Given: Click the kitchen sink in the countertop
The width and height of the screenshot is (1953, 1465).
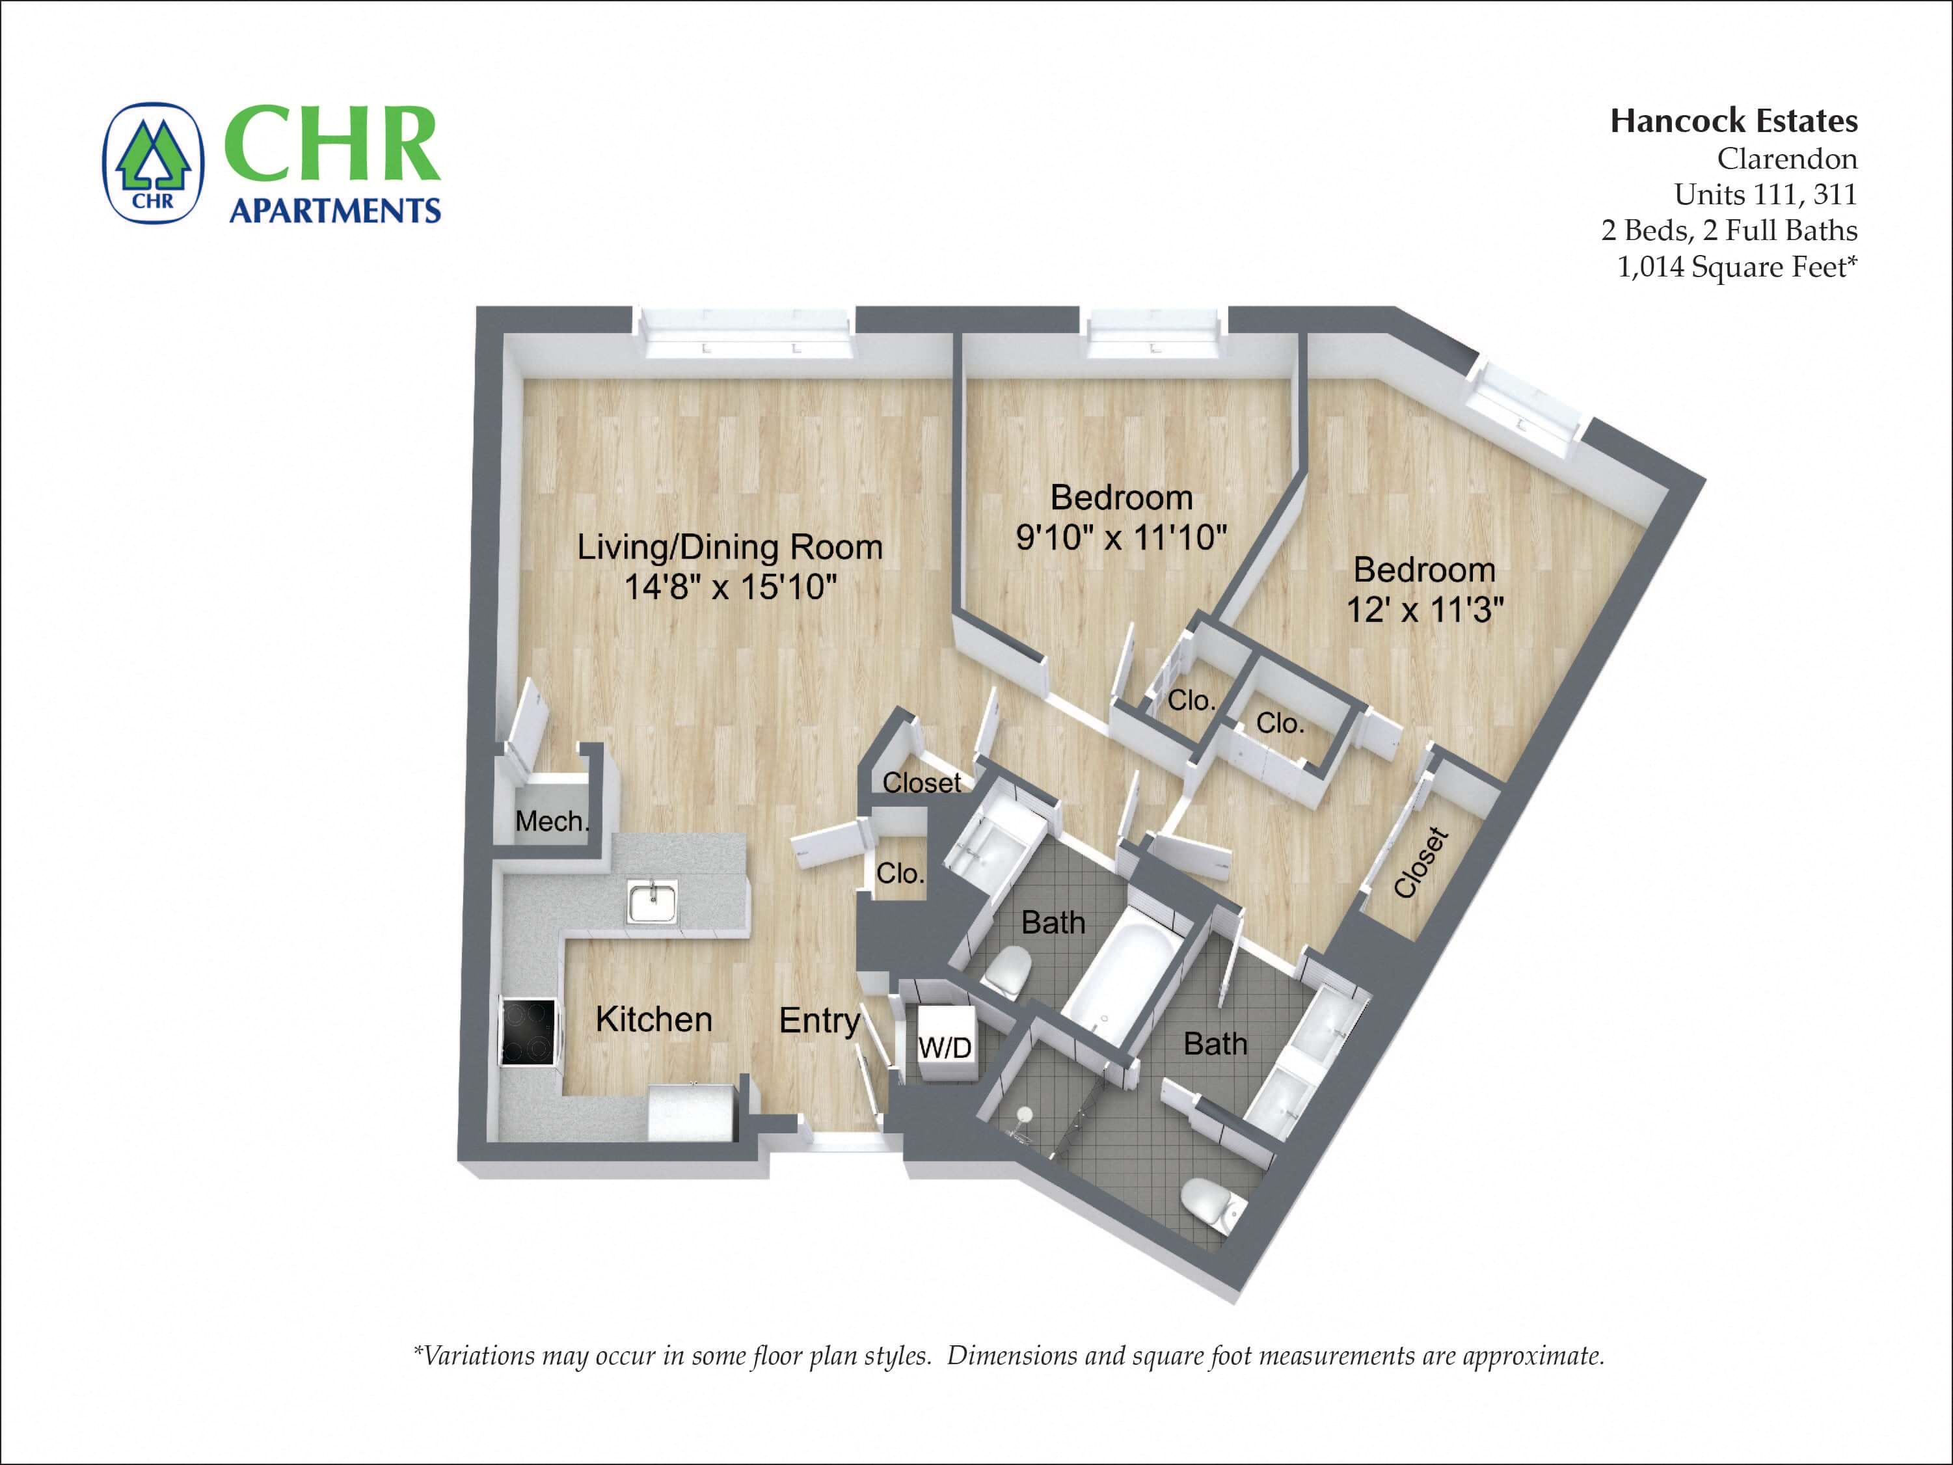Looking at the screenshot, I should pos(652,902).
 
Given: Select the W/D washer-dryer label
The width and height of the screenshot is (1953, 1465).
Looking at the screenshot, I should pos(945,1047).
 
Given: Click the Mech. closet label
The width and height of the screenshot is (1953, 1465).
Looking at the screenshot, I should pos(551,821).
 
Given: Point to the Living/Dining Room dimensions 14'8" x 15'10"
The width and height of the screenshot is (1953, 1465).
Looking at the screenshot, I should pos(730,586).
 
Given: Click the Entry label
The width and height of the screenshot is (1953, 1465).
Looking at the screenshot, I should pos(819,1021).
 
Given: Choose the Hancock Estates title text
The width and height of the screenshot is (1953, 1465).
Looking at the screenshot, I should pos(1733,121).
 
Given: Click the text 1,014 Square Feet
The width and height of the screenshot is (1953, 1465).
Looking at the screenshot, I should pos(1736,266).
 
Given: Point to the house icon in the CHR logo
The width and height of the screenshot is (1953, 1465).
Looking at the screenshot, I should pos(154,161).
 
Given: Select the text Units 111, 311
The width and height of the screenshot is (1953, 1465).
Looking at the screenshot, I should pos(1765,195).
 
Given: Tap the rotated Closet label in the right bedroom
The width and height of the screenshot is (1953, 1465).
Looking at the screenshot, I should pos(1421,863).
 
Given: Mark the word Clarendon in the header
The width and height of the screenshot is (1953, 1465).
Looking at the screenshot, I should pos(1786,159).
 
